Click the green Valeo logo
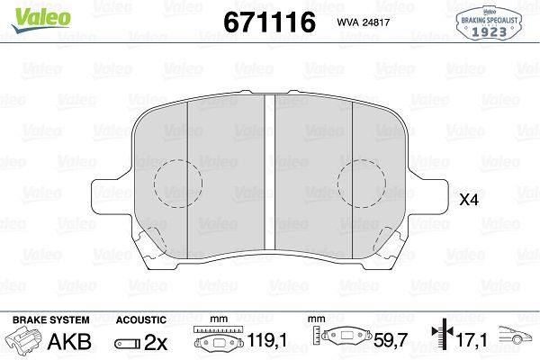tap(41, 20)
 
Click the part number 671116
tap(269, 22)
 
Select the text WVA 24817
tap(363, 22)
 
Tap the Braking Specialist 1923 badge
tap(489, 23)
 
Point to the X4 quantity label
tap(469, 200)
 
